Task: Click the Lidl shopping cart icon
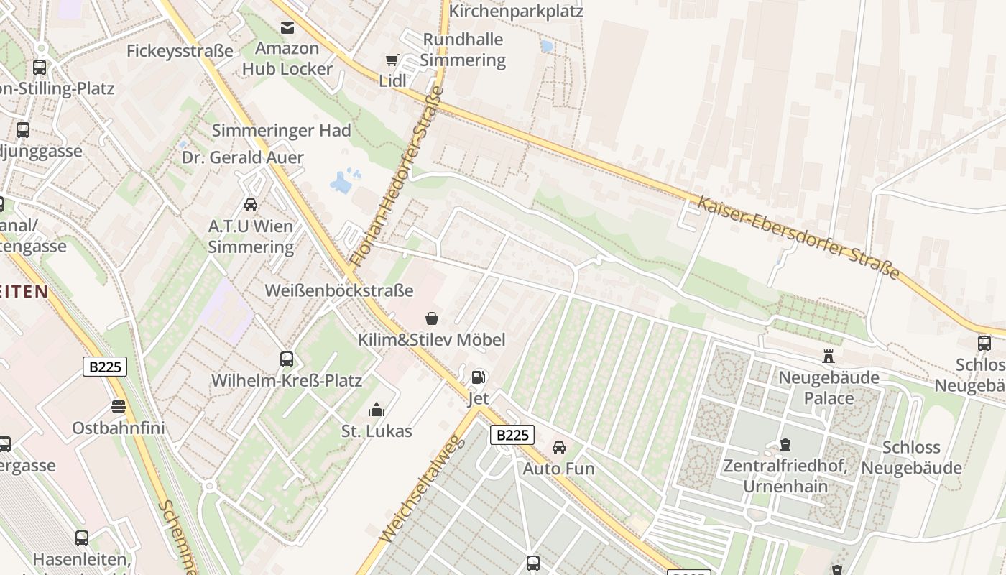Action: (x=392, y=60)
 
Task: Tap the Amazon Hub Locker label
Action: (x=287, y=59)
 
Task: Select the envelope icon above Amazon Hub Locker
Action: (x=287, y=28)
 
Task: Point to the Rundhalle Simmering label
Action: (x=463, y=50)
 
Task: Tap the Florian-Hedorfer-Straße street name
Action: (x=396, y=176)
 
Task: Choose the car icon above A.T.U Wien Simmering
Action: (x=251, y=205)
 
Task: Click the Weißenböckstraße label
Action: (x=339, y=290)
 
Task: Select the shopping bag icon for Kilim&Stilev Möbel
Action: (x=432, y=318)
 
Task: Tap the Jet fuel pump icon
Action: (x=478, y=377)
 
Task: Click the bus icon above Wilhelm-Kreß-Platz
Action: (x=287, y=359)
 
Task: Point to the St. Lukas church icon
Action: (x=376, y=410)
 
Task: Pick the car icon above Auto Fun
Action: (x=558, y=447)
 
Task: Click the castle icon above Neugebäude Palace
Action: (x=829, y=356)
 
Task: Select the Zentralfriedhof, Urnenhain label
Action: (x=785, y=476)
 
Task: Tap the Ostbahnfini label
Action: (x=119, y=428)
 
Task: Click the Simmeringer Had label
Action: (x=281, y=130)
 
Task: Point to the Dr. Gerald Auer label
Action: (x=242, y=157)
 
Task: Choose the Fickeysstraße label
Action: (x=180, y=51)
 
